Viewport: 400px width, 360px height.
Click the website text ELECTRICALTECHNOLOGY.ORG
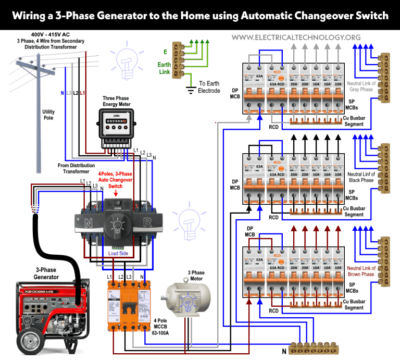(x=296, y=38)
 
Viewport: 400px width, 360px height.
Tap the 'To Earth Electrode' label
(x=209, y=87)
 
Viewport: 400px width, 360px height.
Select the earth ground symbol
(x=191, y=90)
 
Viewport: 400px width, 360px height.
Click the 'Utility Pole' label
(x=48, y=115)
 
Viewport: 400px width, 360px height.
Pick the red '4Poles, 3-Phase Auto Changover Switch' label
(x=115, y=179)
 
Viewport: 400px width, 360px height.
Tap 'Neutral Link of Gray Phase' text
(x=360, y=86)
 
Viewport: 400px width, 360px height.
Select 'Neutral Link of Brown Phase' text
(x=360, y=271)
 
